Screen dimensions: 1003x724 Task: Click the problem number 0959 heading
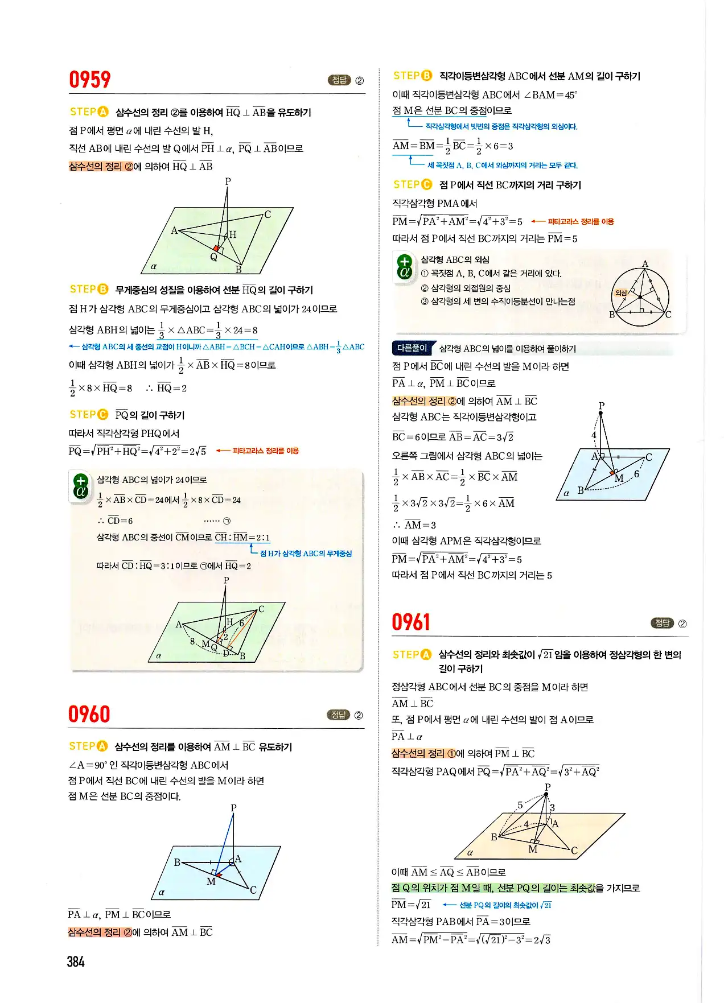point(89,80)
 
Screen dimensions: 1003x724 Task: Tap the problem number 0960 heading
point(89,714)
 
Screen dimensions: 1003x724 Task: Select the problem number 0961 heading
point(410,622)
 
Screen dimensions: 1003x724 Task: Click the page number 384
point(76,961)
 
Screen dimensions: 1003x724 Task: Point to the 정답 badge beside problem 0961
point(662,623)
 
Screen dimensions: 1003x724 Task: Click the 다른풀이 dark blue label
point(412,348)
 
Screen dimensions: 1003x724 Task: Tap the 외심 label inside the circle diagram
point(620,293)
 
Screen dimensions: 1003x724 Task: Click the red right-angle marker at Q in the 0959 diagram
point(216,249)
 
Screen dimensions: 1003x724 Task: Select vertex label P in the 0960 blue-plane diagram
point(233,808)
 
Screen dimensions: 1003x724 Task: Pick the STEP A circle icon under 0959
point(103,112)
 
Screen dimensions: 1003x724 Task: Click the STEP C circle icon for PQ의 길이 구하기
point(103,415)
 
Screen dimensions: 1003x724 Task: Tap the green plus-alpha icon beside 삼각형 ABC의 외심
point(404,266)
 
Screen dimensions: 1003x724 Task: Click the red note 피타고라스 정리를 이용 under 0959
point(265,451)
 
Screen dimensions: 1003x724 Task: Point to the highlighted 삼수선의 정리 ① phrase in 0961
point(423,753)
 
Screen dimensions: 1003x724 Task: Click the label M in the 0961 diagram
point(533,849)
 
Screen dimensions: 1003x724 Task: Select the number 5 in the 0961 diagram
point(520,805)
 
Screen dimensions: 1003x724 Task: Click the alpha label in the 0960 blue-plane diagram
point(162,892)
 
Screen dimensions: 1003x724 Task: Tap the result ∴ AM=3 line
point(414,525)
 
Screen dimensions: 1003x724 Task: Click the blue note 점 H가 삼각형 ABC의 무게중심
point(306,553)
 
